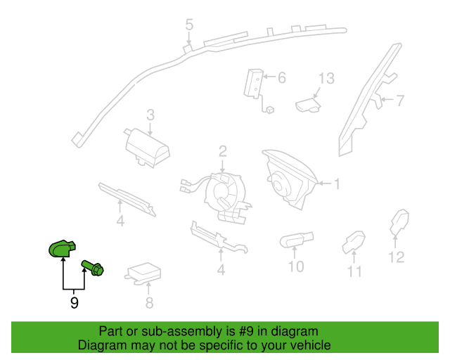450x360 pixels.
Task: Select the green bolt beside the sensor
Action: tap(93, 267)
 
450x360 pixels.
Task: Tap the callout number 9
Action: tap(74, 303)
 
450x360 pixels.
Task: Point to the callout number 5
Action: tap(189, 25)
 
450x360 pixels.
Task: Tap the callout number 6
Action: tap(281, 77)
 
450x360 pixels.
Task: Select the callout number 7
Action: tap(399, 101)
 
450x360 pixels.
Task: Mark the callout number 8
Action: tap(149, 303)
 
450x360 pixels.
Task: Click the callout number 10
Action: tap(295, 266)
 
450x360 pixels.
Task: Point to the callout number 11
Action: tap(354, 271)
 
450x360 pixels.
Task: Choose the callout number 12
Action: tap(397, 257)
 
